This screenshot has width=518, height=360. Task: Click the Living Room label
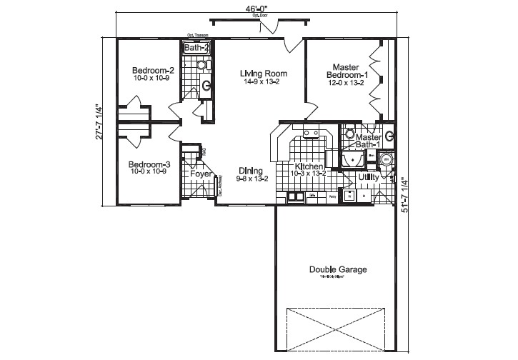pyautogui.click(x=263, y=73)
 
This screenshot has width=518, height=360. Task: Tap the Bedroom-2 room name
pyautogui.click(x=153, y=70)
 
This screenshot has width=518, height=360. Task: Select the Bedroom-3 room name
pyautogui.click(x=149, y=164)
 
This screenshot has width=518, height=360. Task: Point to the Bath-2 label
pyautogui.click(x=197, y=48)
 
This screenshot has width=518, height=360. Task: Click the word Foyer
pyautogui.click(x=200, y=174)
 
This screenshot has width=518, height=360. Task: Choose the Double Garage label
pyautogui.click(x=338, y=269)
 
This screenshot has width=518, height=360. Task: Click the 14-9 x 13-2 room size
pyautogui.click(x=263, y=81)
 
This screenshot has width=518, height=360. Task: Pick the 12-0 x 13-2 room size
pyautogui.click(x=347, y=83)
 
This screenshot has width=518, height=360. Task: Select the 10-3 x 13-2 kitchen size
pyautogui.click(x=308, y=174)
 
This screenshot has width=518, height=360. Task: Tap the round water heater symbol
pyautogui.click(x=387, y=159)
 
